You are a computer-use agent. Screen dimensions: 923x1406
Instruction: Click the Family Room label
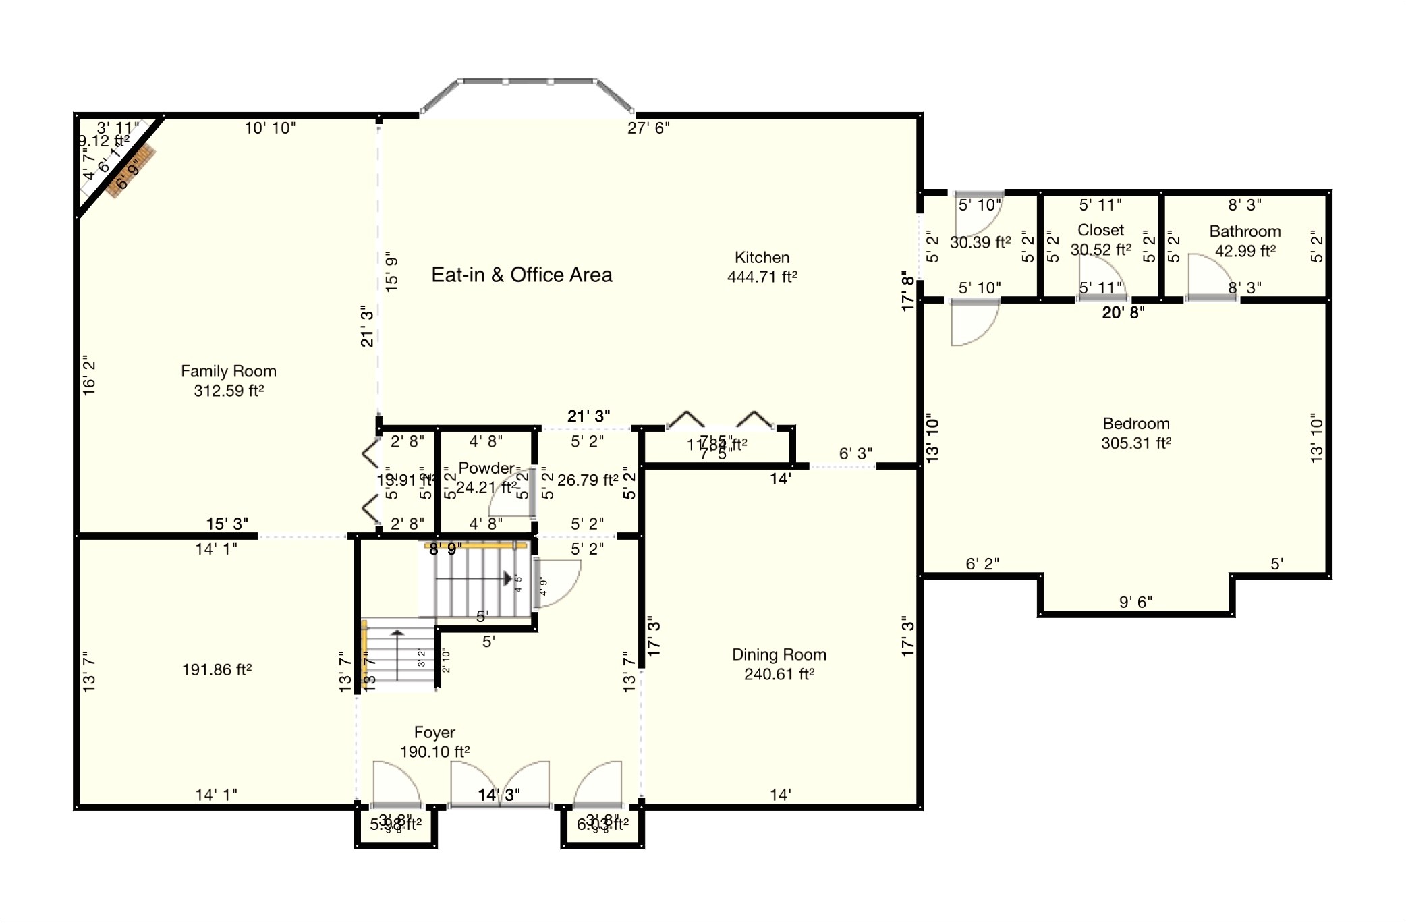click(228, 371)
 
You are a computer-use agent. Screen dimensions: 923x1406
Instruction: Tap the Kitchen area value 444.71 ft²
click(762, 277)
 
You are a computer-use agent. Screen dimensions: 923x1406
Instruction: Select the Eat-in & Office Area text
click(522, 275)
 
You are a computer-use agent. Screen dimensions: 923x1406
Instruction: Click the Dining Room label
click(779, 654)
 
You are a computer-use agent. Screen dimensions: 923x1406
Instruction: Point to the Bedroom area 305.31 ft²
click(1135, 443)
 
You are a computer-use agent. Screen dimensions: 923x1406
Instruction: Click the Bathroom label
click(1244, 231)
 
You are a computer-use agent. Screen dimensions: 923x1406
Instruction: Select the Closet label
click(1100, 230)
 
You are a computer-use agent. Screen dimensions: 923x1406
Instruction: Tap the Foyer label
click(434, 732)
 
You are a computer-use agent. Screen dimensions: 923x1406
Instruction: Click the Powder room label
click(486, 468)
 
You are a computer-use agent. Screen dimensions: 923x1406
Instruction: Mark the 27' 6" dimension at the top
click(648, 128)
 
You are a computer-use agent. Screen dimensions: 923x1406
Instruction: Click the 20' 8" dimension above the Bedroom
click(1123, 312)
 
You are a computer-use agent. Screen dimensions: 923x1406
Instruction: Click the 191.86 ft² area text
click(217, 670)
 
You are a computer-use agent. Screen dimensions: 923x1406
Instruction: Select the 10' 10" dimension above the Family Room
click(269, 128)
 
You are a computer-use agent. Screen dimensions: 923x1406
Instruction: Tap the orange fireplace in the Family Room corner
click(131, 172)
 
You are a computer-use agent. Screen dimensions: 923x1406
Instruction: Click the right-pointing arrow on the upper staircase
click(507, 579)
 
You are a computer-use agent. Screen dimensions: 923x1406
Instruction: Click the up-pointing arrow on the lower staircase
click(397, 634)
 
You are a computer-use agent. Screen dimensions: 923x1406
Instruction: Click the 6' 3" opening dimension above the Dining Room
click(855, 453)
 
